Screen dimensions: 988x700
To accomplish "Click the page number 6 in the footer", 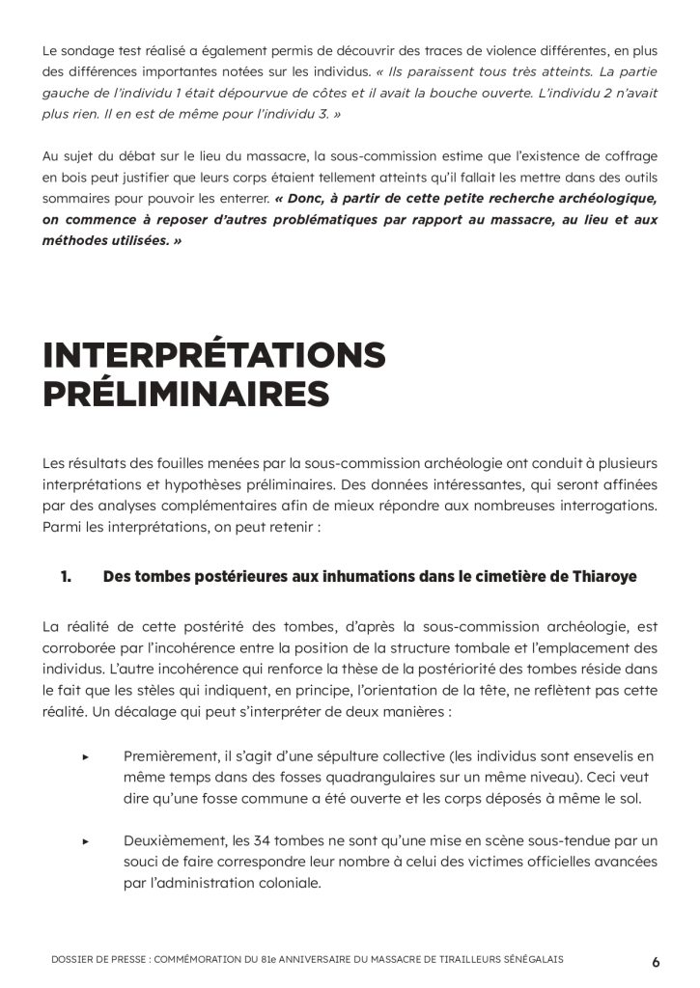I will [656, 961].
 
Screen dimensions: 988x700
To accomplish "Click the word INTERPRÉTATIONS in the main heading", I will [214, 355].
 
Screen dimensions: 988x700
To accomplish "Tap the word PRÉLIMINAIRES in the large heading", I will [185, 395].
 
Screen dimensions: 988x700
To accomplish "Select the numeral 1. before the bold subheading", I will [67, 577].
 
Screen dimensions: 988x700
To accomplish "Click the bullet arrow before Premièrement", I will [86, 756].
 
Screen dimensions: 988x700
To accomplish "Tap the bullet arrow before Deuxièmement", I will [86, 841].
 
